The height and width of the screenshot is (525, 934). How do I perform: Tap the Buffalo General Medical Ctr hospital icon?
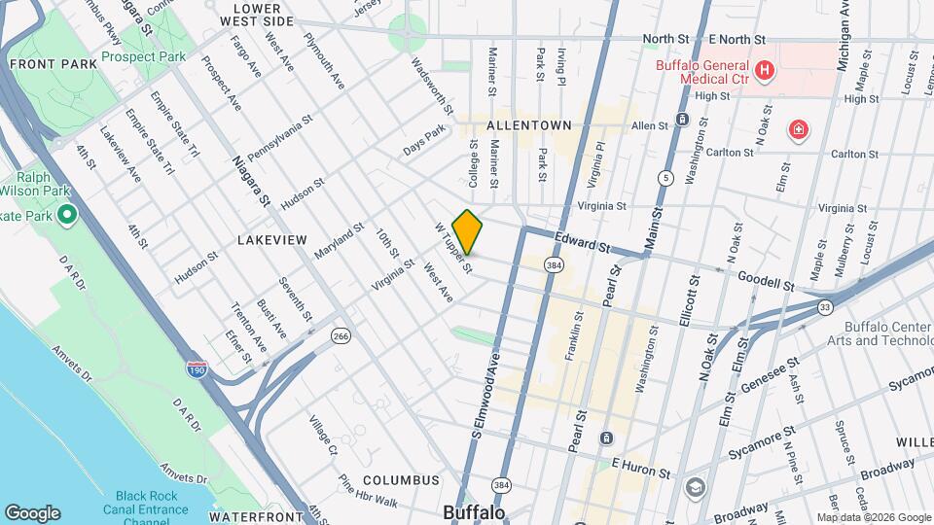(765, 70)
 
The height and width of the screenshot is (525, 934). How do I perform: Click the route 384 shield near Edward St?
(553, 263)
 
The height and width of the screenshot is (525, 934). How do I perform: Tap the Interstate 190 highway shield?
(196, 368)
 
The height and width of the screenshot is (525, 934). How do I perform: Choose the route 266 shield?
(340, 335)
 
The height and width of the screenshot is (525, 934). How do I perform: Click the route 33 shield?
(825, 307)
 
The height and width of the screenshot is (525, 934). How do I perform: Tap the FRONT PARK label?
(54, 64)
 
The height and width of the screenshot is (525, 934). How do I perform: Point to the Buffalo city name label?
(474, 511)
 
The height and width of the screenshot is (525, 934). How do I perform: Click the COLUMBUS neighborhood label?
(402, 480)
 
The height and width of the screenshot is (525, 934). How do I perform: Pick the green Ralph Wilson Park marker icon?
(67, 213)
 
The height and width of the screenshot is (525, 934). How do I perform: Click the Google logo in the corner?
(32, 512)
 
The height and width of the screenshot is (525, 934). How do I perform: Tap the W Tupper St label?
(453, 247)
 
